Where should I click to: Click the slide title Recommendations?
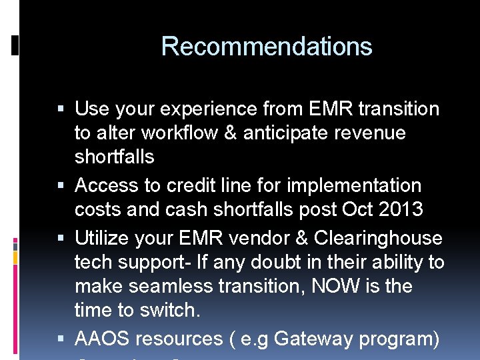click(266, 47)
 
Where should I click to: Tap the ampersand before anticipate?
click(230, 133)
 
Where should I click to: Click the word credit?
click(191, 185)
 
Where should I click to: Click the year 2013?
click(400, 209)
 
